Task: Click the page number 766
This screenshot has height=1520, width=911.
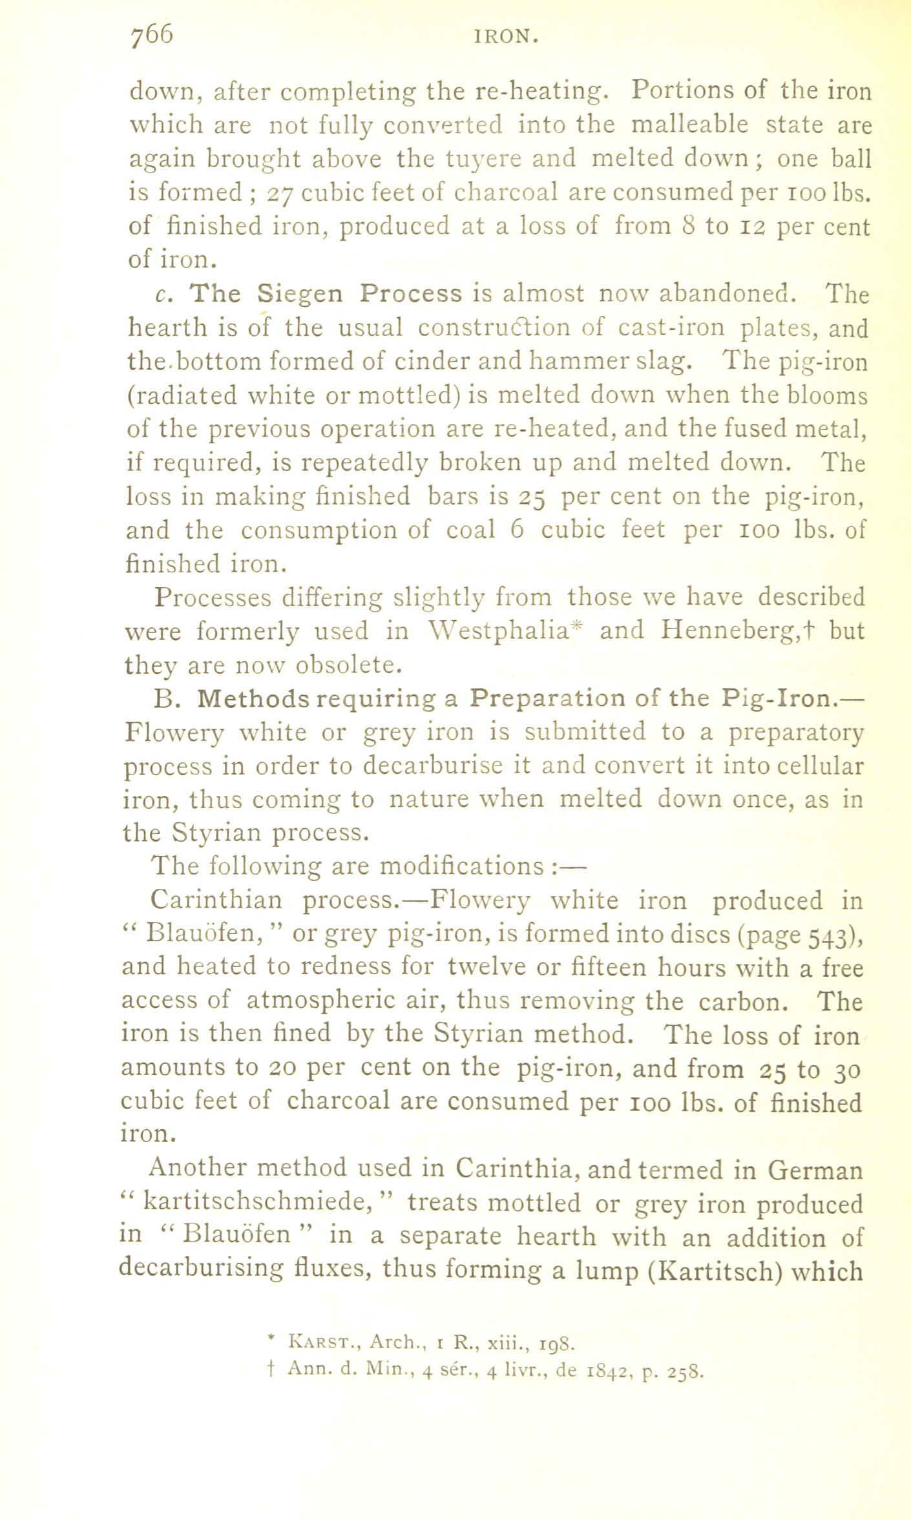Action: [x=152, y=36]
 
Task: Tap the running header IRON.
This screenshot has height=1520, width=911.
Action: [x=507, y=38]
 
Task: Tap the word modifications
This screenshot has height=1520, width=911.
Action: [x=461, y=866]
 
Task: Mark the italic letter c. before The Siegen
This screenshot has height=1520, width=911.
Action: [x=162, y=295]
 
